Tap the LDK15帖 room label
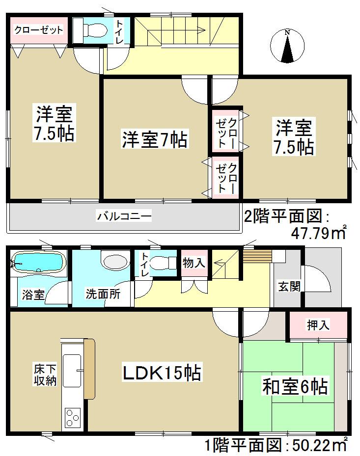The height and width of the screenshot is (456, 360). (x=162, y=374)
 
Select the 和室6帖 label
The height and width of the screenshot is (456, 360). (x=295, y=386)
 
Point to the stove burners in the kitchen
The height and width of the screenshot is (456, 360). (x=72, y=418)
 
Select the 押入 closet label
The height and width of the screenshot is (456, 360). (x=318, y=324)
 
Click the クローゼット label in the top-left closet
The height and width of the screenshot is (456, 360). (x=38, y=30)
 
